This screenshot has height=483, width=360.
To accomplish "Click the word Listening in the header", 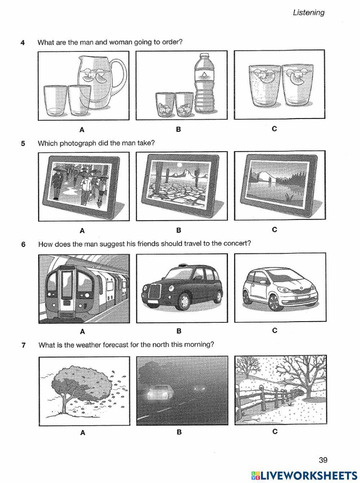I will [x=308, y=13].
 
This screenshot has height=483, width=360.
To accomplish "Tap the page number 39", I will [x=323, y=460].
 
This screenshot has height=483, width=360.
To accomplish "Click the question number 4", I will [x=23, y=43].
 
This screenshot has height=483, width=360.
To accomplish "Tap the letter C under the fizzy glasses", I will [x=274, y=129].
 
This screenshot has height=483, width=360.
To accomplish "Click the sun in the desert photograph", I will [x=180, y=165].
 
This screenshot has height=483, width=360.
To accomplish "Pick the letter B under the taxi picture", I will [x=179, y=331].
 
